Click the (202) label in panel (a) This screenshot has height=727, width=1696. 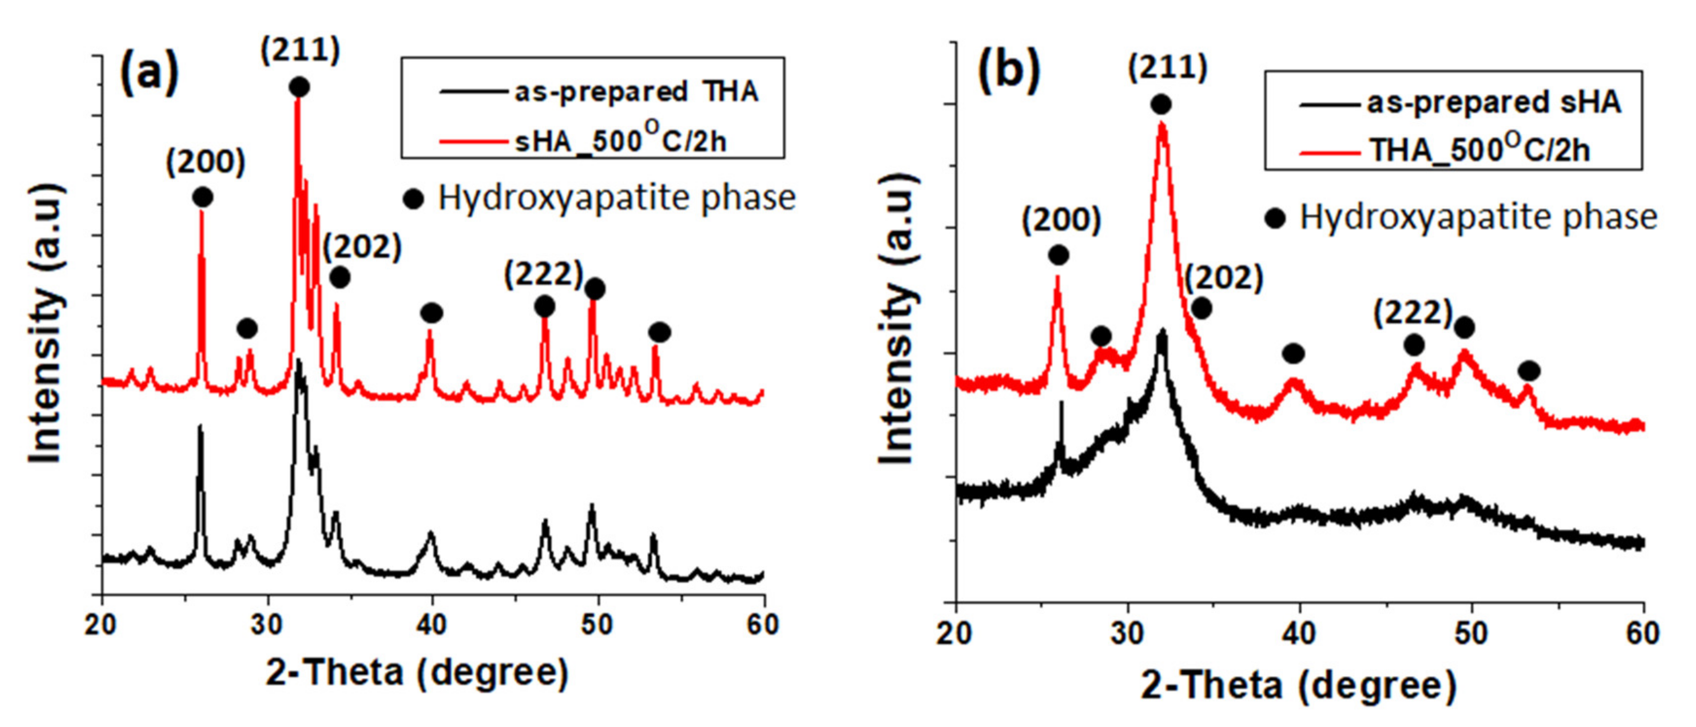coord(362,247)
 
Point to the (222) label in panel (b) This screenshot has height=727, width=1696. coord(1412,313)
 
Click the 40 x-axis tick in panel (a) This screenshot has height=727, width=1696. coord(432,624)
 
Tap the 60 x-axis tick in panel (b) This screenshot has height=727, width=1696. coord(1642,632)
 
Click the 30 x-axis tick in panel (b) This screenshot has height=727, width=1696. coord(1128,632)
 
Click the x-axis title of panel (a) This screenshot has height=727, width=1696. coord(417,672)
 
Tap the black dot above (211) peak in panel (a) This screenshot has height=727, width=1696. coord(299,87)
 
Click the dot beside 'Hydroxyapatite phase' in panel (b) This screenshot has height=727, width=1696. coord(1275,218)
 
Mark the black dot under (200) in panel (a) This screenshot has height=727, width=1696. coord(202,197)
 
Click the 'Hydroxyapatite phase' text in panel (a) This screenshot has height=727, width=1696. coord(616,198)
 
